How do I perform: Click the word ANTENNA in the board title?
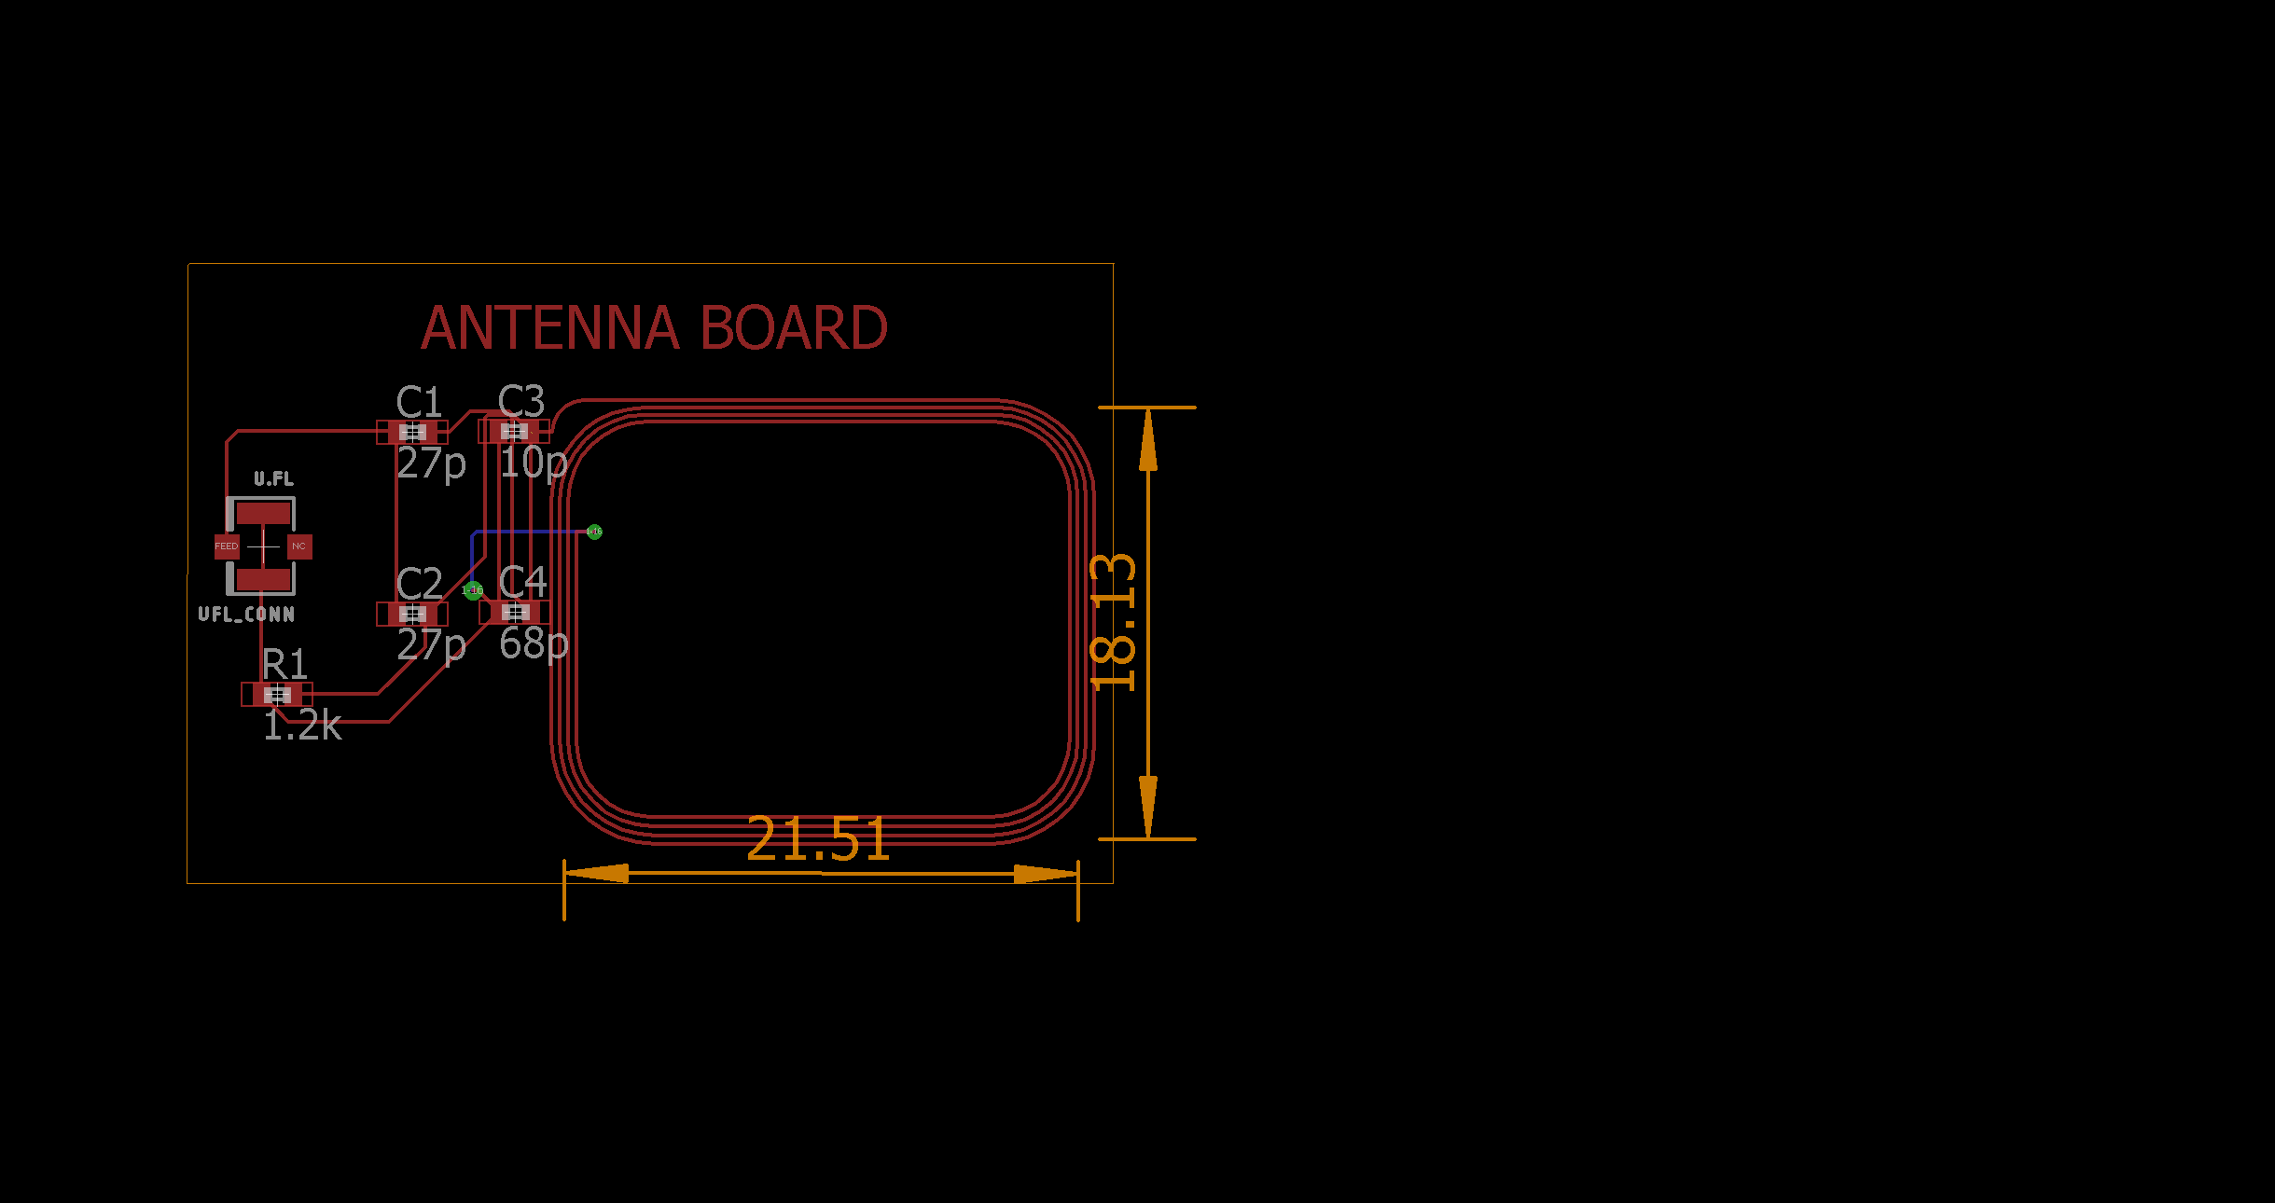[549, 328]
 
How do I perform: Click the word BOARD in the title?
[793, 328]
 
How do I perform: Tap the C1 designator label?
[419, 403]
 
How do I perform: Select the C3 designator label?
[520, 402]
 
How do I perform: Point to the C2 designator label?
[419, 585]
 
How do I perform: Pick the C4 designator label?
[522, 583]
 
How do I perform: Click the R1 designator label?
[284, 665]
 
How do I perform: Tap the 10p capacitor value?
[533, 463]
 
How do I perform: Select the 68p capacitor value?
[533, 643]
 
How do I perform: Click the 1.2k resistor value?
[302, 726]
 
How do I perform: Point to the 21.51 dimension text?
[817, 839]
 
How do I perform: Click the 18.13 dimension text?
[1114, 622]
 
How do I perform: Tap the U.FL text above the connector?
[273, 479]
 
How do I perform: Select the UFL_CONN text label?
[246, 615]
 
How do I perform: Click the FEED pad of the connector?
[227, 546]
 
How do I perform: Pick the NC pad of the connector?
[298, 546]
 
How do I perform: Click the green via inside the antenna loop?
[594, 532]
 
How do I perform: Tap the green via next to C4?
[473, 590]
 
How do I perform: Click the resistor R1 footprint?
[277, 695]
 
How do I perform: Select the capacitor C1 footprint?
[412, 432]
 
